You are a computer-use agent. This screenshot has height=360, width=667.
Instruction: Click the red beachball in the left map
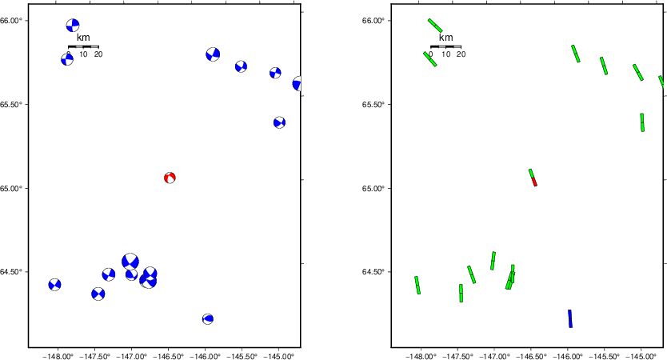click(x=170, y=178)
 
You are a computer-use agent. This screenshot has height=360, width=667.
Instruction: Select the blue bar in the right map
click(x=570, y=318)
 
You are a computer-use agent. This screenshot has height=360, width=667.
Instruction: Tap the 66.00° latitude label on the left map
click(x=14, y=21)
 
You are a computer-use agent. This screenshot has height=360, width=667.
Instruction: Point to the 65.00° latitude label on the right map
click(x=376, y=189)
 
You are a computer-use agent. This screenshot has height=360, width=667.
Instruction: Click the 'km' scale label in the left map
click(x=83, y=38)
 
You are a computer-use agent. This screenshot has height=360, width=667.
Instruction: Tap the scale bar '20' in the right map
click(x=461, y=54)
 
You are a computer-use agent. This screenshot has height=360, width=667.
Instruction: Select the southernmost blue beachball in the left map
click(x=208, y=318)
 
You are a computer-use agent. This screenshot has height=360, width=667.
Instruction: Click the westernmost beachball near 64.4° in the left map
click(x=54, y=285)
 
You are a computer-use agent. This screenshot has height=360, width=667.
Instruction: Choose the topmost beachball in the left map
click(x=73, y=26)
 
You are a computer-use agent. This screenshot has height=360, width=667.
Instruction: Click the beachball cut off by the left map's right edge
click(x=298, y=84)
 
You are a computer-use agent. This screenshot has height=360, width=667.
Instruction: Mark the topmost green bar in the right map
click(x=435, y=26)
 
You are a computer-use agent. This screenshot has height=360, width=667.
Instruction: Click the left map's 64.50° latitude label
click(x=14, y=272)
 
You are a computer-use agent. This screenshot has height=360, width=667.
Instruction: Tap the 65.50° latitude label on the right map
click(x=376, y=105)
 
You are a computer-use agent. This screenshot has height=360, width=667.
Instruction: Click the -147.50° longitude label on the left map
click(x=94, y=356)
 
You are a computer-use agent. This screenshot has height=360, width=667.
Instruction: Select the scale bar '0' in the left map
click(x=69, y=54)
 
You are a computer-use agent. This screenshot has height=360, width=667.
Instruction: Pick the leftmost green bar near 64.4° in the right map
click(x=417, y=285)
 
